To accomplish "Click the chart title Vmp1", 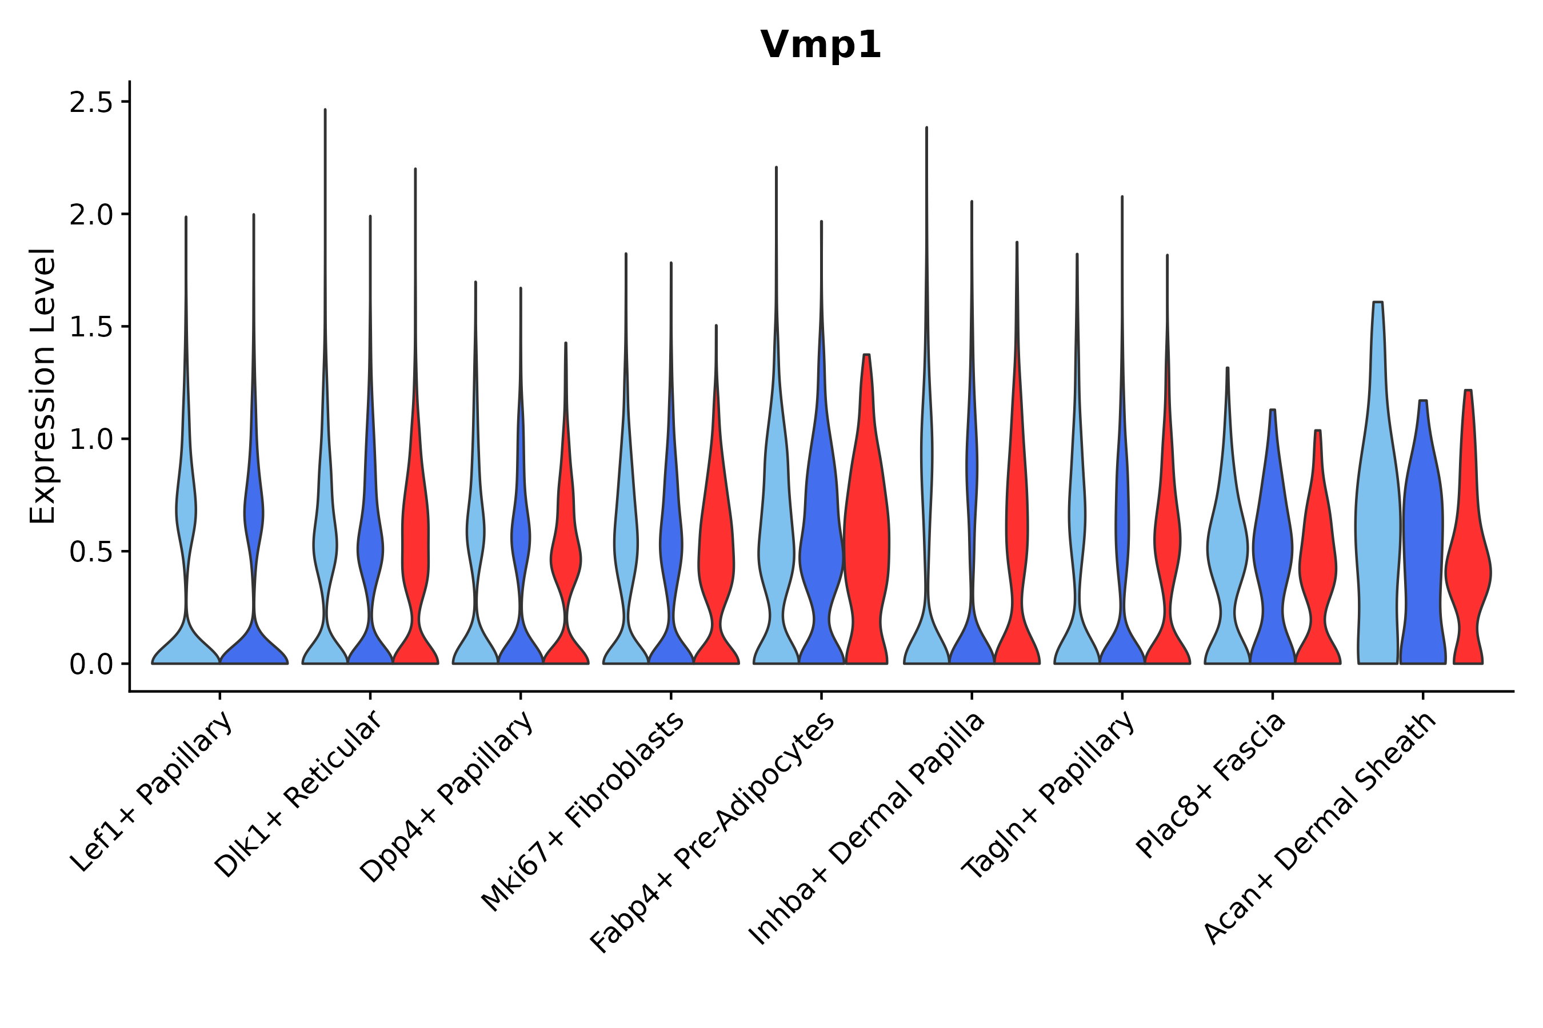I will point(820,45).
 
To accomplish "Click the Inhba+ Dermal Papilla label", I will point(868,829).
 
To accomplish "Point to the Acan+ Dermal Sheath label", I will point(1320,829).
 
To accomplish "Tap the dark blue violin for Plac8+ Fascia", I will point(1272,557).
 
